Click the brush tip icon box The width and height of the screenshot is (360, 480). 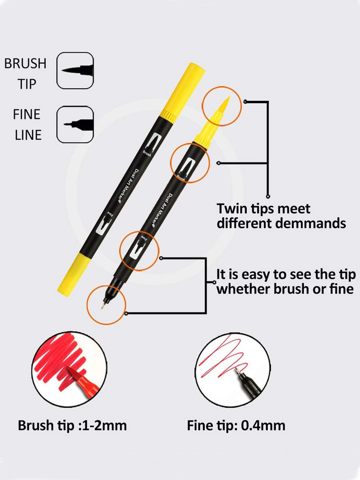click(x=75, y=70)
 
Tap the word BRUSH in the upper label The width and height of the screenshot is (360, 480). click(x=25, y=63)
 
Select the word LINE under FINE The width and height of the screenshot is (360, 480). click(x=28, y=135)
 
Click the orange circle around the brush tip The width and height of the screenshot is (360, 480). click(x=220, y=107)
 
